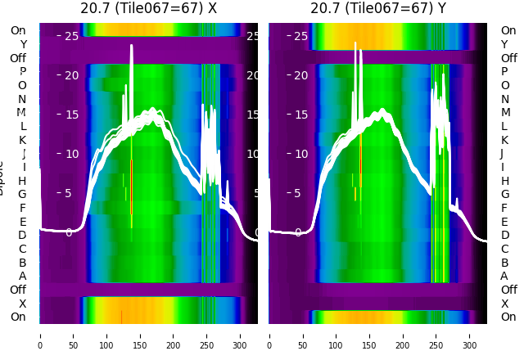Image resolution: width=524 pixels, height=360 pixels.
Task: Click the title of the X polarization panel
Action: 148,9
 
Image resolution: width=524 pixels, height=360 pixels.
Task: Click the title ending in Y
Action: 378,9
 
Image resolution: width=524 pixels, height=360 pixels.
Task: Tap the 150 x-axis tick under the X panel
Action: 140,335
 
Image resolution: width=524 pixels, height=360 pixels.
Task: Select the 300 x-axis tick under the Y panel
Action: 470,335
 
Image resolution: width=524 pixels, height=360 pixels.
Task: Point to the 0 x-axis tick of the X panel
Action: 39,335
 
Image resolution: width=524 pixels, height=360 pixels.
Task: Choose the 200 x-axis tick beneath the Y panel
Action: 403,335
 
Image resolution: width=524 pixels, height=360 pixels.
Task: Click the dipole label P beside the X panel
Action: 22,71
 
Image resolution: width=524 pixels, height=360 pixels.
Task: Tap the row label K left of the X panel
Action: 22,140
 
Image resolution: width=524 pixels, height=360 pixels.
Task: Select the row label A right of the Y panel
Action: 504,276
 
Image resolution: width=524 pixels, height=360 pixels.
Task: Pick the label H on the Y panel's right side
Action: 504,181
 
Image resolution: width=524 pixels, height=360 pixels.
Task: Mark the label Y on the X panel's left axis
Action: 23,44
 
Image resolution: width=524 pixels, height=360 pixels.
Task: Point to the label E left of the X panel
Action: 22,222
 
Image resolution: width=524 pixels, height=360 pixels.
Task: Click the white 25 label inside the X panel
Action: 71,36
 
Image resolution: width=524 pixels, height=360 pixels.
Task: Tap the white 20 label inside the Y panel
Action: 300,75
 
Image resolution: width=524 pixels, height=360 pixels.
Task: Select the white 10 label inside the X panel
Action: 71,154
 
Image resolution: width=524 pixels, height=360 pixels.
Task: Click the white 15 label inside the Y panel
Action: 300,115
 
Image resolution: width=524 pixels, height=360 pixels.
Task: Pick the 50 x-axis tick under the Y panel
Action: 303,335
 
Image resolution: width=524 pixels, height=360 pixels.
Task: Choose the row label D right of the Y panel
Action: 504,235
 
